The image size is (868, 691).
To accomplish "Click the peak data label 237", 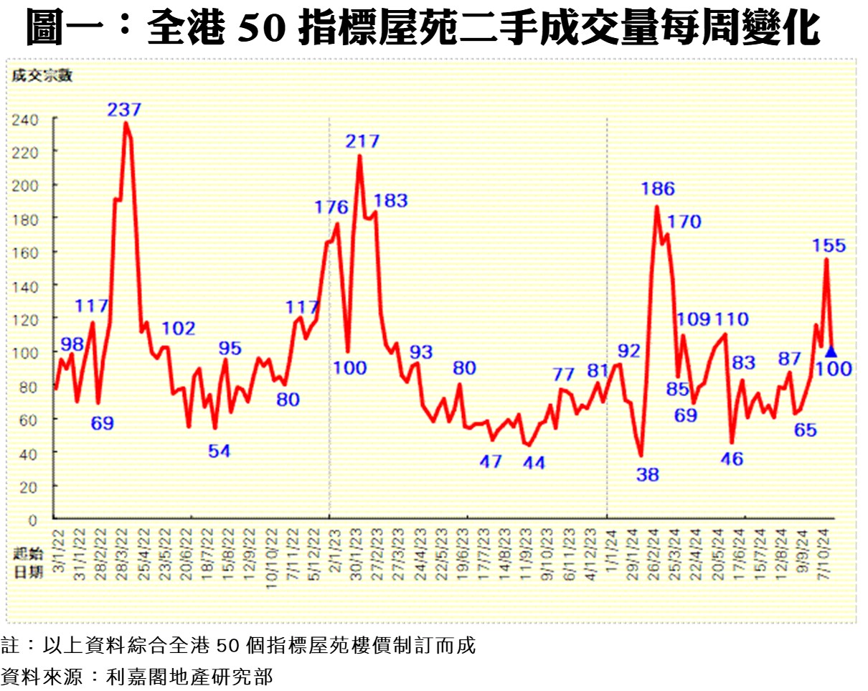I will pyautogui.click(x=125, y=110).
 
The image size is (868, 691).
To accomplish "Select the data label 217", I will pyautogui.click(x=362, y=141).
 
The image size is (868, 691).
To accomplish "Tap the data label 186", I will pyautogui.click(x=658, y=189).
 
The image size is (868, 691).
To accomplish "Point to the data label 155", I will pyautogui.click(x=829, y=245).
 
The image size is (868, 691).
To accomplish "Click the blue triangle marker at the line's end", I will pyautogui.click(x=831, y=352).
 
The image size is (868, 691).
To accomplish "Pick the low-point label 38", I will pyautogui.click(x=647, y=474).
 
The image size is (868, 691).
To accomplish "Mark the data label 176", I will pyautogui.click(x=331, y=207).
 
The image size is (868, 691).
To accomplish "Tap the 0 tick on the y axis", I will pyautogui.click(x=32, y=518).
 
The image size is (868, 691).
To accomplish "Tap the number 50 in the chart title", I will pyautogui.click(x=258, y=29).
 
